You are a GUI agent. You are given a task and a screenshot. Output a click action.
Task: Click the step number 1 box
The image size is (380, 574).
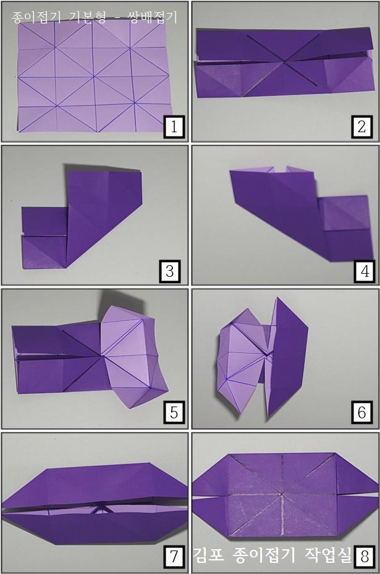pyautogui.click(x=174, y=127)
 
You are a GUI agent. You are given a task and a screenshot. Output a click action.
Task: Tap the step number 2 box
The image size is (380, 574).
pyautogui.click(x=361, y=127)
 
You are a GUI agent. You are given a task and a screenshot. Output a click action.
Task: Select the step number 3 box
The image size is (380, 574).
pyautogui.click(x=169, y=271)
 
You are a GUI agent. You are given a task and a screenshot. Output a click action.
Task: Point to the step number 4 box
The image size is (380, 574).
pyautogui.click(x=365, y=271)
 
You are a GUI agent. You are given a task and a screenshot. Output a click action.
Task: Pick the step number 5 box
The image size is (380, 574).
pyautogui.click(x=174, y=412)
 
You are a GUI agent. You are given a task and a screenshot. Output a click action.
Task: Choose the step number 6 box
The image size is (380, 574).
pyautogui.click(x=361, y=412)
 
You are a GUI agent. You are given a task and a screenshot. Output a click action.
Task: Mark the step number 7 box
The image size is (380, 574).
pyautogui.click(x=174, y=557)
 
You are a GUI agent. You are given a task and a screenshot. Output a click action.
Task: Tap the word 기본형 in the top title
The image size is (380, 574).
pyautogui.click(x=87, y=17)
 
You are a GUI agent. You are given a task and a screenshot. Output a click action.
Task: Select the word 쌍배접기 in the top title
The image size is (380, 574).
pyautogui.click(x=153, y=17)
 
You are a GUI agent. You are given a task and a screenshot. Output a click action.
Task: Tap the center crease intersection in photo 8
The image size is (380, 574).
pyautogui.click(x=282, y=494)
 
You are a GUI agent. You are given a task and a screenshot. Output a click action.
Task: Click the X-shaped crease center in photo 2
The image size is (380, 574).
pyautogui.click(x=284, y=62)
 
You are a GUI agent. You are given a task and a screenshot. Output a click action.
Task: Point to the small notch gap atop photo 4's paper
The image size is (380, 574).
pyautogui.click(x=280, y=169)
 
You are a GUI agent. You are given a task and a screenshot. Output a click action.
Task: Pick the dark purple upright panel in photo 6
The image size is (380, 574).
pyautogui.click(x=286, y=357)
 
